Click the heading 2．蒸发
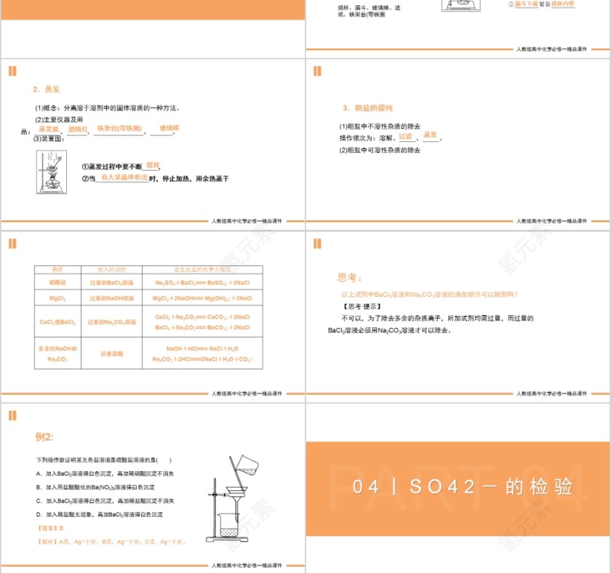click(x=46, y=89)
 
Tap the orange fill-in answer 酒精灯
click(x=77, y=129)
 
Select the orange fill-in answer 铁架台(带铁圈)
click(x=119, y=129)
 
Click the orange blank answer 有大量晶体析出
click(x=124, y=177)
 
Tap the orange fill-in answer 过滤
click(x=405, y=136)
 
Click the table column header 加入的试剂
click(x=111, y=269)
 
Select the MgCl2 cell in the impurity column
click(x=57, y=298)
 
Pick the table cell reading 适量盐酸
click(x=111, y=353)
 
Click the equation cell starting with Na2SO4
click(x=202, y=281)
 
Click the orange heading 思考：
click(x=349, y=278)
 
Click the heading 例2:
click(x=44, y=437)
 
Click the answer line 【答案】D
click(x=50, y=528)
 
